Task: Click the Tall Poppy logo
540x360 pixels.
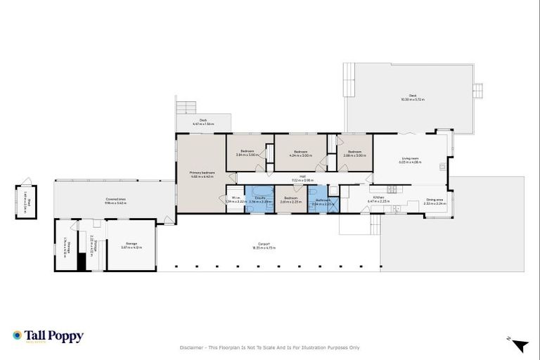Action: (48, 337)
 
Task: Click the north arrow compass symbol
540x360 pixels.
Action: (519, 345)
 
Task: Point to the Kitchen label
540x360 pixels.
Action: (378, 199)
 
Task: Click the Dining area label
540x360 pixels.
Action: (435, 200)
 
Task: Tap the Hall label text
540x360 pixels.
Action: (302, 176)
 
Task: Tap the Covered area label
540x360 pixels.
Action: (116, 200)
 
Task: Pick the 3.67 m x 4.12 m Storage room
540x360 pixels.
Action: (131, 245)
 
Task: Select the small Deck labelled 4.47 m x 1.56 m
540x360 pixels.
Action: (203, 122)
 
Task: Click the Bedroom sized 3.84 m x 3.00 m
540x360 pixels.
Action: (247, 153)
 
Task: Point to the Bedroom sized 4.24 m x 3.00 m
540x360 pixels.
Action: (300, 153)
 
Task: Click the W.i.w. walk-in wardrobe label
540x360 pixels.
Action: (234, 199)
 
